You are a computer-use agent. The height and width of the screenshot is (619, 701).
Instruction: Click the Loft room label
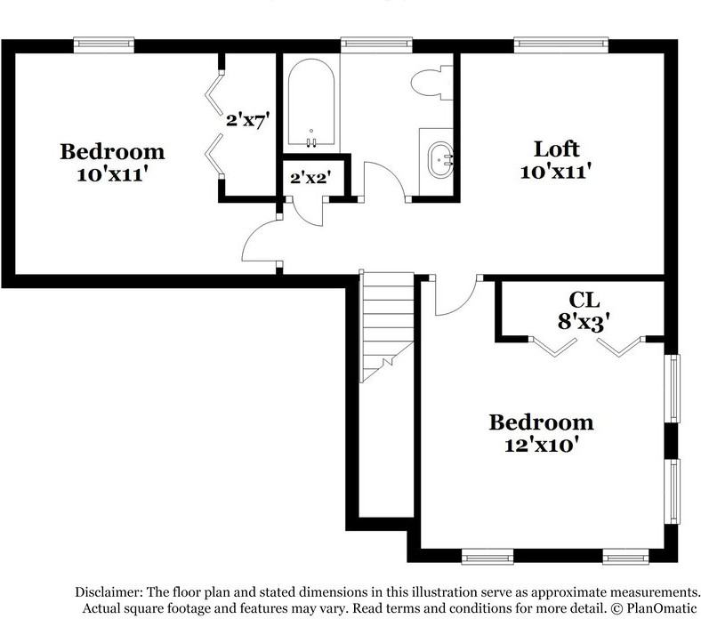(x=556, y=149)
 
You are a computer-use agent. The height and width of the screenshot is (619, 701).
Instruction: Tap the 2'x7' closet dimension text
(x=246, y=119)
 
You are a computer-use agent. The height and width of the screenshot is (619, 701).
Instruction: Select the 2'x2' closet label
(x=310, y=177)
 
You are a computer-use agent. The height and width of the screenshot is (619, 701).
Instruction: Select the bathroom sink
(x=437, y=161)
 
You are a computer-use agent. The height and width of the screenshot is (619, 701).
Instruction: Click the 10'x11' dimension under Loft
(x=556, y=171)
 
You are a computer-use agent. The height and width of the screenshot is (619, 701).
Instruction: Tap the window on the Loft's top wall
(x=561, y=42)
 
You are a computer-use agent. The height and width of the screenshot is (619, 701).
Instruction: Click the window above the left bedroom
(x=103, y=42)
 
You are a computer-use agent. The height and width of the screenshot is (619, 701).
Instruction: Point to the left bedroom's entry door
(x=260, y=242)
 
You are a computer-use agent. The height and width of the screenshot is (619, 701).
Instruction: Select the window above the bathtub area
(x=376, y=42)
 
